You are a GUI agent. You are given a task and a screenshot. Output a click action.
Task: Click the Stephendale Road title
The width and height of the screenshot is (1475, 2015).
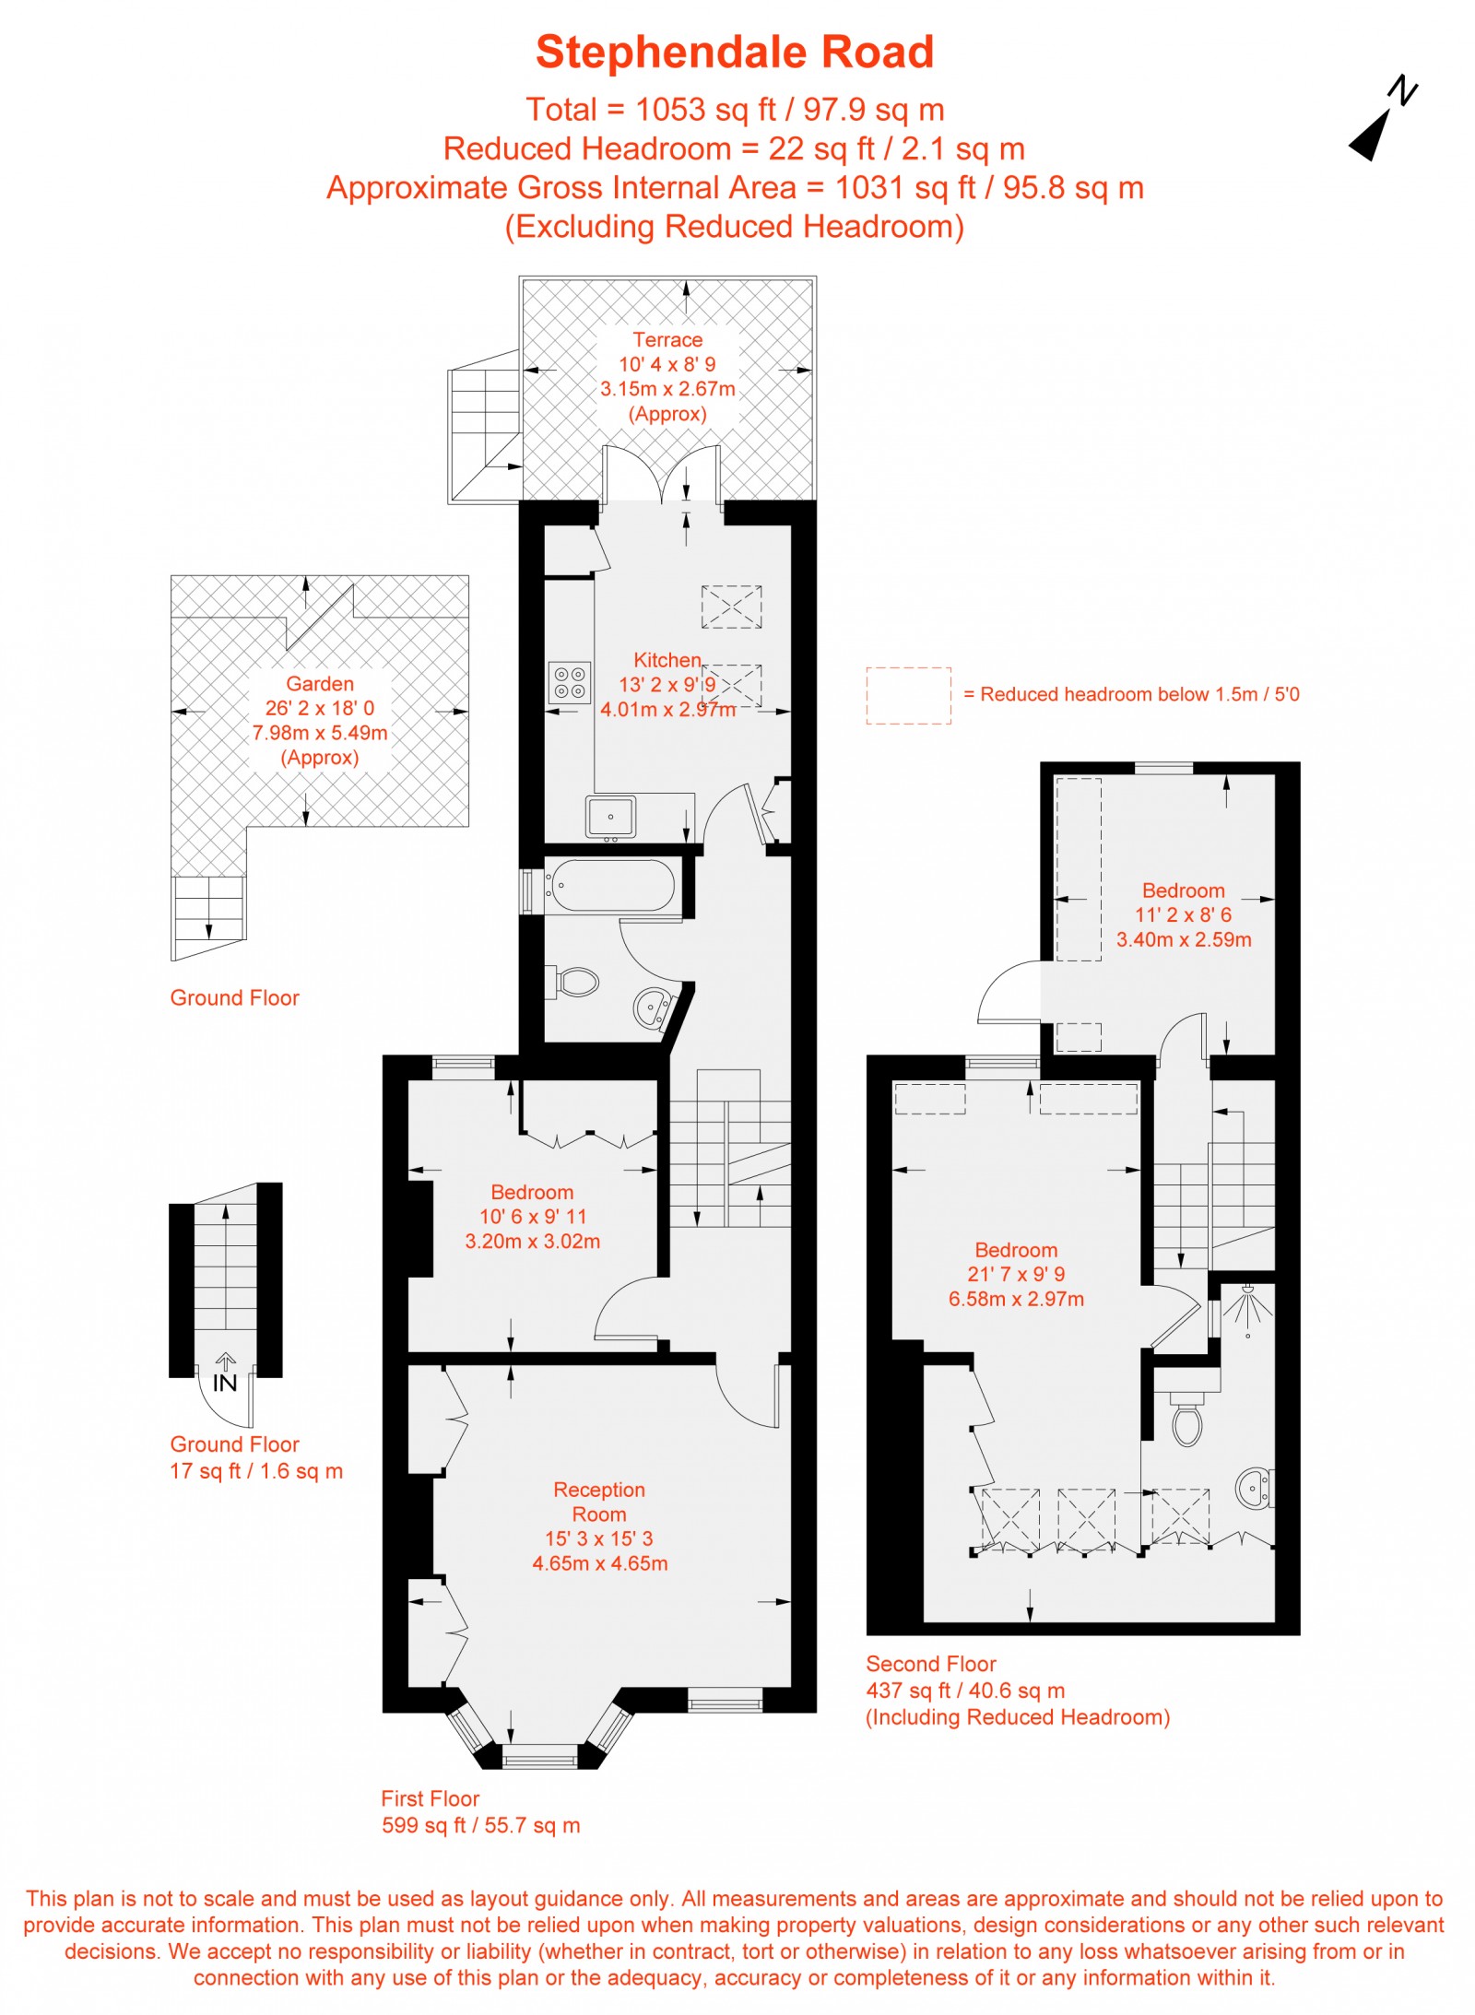(735, 52)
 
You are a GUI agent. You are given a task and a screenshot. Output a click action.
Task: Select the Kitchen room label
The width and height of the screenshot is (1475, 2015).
(667, 660)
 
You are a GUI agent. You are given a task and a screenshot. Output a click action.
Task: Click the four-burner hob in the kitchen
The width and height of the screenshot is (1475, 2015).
(569, 683)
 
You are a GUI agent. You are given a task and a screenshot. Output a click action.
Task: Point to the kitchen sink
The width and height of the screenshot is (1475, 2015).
(610, 817)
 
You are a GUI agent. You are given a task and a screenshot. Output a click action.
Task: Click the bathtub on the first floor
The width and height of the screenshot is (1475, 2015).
(609, 886)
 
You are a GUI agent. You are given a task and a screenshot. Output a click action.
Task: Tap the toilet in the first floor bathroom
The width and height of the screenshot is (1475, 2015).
(575, 981)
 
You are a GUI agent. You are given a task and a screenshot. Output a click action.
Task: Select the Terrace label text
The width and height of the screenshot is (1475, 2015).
(667, 340)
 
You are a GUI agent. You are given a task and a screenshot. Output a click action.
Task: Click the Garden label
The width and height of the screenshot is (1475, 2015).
(320, 684)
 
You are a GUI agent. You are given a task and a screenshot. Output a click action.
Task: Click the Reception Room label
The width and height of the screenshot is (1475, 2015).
(599, 1502)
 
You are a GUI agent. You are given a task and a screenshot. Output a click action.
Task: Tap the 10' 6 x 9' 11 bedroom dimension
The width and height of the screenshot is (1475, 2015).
(533, 1217)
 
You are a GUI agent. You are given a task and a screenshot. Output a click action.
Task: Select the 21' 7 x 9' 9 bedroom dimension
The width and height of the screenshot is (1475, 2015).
(1016, 1274)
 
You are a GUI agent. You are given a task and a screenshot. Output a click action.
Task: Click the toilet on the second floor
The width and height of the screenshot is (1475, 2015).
(1187, 1420)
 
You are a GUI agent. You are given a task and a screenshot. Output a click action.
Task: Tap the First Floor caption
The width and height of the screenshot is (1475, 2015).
(431, 1798)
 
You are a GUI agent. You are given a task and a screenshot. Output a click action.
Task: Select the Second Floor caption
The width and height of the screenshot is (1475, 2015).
(931, 1664)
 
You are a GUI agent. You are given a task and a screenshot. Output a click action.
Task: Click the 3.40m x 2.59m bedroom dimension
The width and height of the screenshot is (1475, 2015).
(1184, 939)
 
